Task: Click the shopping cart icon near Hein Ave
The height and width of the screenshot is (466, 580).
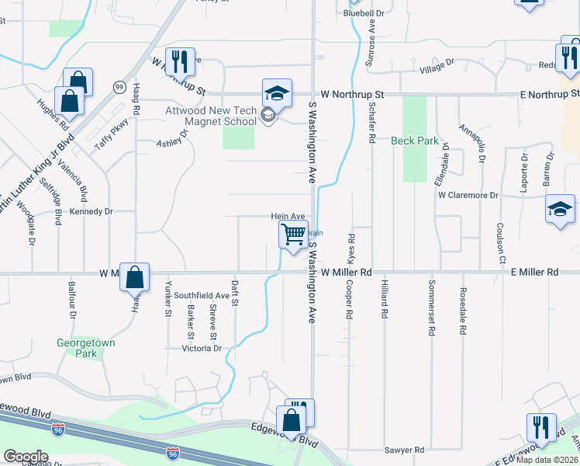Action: (293, 235)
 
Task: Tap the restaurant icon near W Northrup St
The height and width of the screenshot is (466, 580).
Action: (179, 62)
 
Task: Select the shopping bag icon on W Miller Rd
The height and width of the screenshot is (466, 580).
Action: (134, 277)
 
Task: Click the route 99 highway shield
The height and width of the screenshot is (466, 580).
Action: (119, 86)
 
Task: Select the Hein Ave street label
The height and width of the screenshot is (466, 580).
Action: (288, 217)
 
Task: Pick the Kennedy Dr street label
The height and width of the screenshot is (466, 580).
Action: (91, 211)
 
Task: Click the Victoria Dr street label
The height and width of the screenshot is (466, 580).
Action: (202, 349)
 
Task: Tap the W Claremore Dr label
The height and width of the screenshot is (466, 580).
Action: (468, 195)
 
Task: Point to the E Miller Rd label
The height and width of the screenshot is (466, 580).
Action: (534, 273)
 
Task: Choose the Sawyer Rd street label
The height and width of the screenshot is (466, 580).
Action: (405, 450)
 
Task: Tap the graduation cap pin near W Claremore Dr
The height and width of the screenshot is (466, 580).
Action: (560, 210)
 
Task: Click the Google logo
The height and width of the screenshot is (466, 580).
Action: (26, 457)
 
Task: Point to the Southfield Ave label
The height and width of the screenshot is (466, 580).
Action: (201, 296)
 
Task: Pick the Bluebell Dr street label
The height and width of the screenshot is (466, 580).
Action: (364, 13)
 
